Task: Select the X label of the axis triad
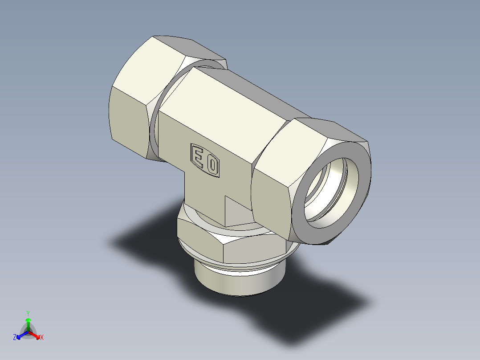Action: [x=42, y=338]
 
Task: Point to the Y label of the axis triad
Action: [x=28, y=313]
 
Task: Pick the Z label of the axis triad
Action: [x=15, y=338]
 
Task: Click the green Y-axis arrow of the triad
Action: [x=28, y=323]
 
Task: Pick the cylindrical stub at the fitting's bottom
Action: [x=236, y=281]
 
